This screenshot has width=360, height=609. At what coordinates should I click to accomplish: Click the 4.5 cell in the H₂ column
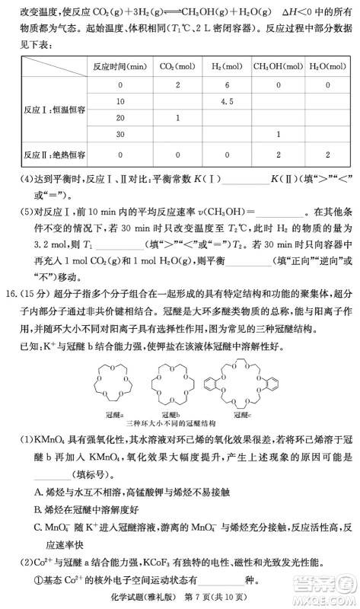tap(226, 100)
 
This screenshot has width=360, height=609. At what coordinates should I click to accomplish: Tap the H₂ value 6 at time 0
tap(226, 84)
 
